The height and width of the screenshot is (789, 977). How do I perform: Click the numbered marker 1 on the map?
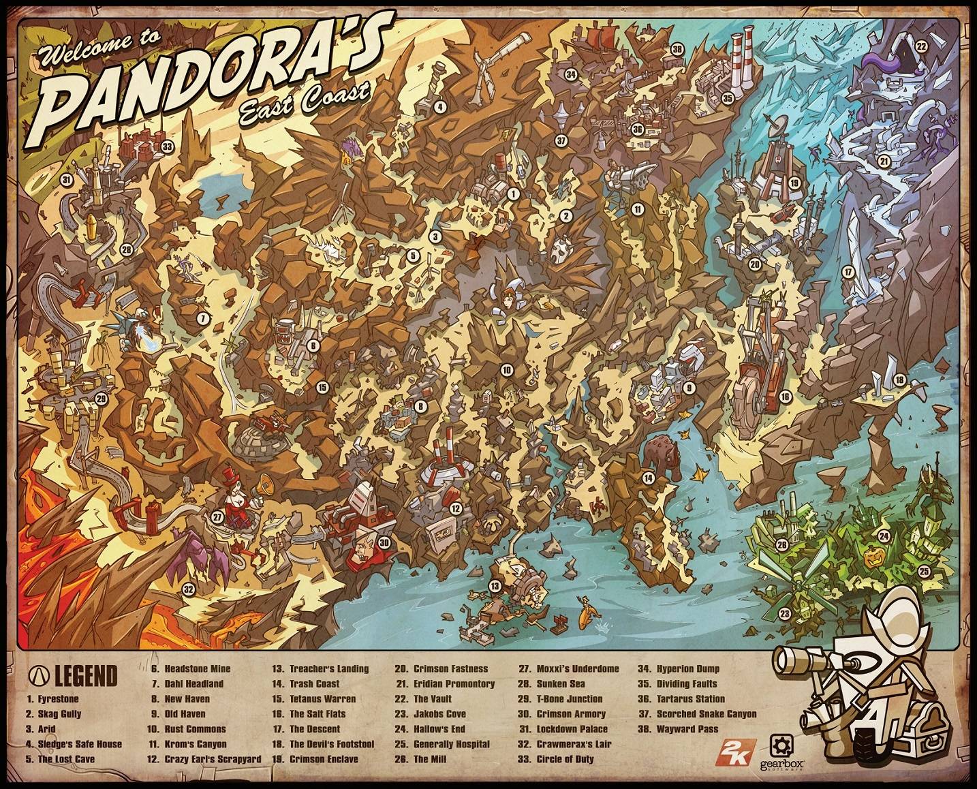click(513, 194)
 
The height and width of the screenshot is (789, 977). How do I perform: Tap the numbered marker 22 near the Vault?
click(921, 47)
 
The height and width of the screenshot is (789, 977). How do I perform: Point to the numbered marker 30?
click(384, 543)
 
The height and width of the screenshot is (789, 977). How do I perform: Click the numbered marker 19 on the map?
click(794, 183)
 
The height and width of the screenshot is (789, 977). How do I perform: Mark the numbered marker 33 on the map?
click(167, 146)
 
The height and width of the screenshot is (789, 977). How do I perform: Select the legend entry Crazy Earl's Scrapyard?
click(213, 759)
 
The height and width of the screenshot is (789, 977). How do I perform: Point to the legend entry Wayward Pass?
click(687, 729)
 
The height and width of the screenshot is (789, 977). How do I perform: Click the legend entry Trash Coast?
click(314, 683)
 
